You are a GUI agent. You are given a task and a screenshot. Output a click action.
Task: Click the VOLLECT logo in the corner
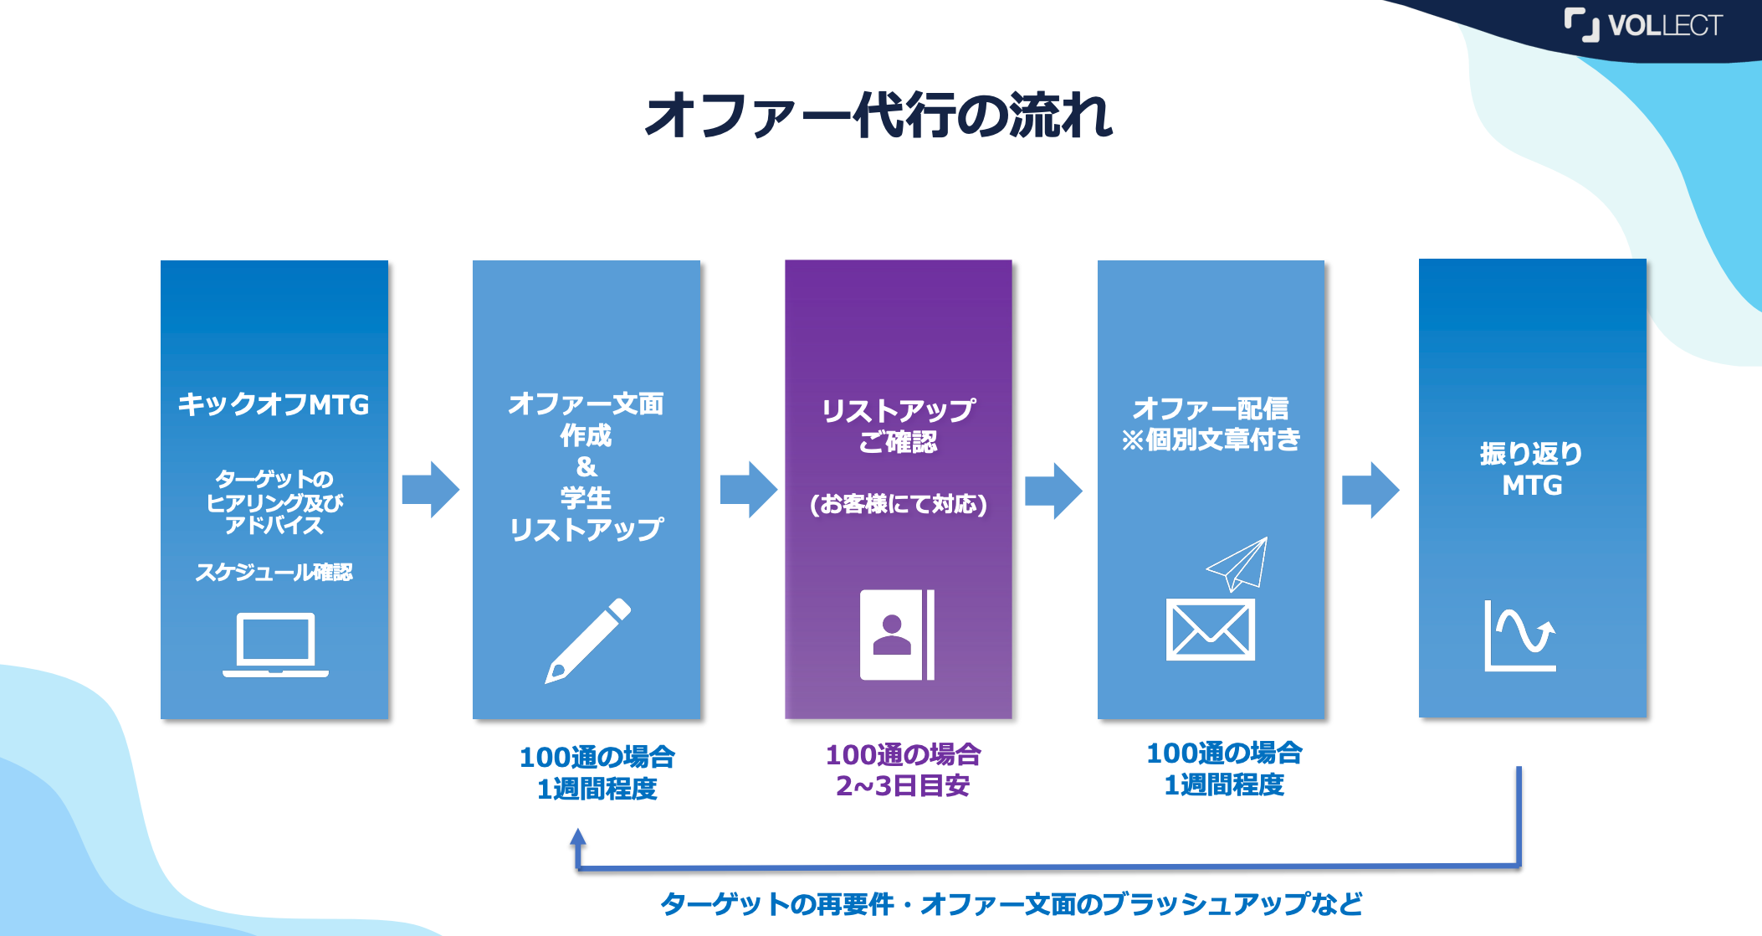[x=1643, y=25]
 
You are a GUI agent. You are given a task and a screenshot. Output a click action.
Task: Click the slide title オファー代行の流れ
[x=878, y=116]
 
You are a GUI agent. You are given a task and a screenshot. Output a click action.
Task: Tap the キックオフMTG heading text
[x=273, y=404]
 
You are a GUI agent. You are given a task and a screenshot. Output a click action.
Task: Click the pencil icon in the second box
[x=587, y=640]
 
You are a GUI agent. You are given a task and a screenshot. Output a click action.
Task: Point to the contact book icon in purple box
[x=897, y=635]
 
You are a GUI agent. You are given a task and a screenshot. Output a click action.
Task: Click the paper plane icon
[x=1238, y=563]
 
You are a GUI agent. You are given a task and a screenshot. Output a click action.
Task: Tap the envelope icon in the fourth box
[x=1210, y=630]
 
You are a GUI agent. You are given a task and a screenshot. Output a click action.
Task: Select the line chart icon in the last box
[x=1519, y=635]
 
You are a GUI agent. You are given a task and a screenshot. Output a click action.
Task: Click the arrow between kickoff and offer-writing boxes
[x=430, y=490]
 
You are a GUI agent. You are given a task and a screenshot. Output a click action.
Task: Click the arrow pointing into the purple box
[x=748, y=490]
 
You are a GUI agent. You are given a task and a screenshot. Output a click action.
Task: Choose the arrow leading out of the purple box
[x=1053, y=491]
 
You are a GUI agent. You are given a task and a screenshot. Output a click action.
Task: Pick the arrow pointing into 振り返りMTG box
[x=1370, y=491]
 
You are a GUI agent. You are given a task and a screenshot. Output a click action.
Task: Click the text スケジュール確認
[x=274, y=573]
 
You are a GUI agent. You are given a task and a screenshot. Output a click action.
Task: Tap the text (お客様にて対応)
[x=898, y=504]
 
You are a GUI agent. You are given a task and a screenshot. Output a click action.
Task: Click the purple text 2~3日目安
[x=902, y=786]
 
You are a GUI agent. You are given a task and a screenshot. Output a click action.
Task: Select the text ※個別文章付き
[x=1211, y=440]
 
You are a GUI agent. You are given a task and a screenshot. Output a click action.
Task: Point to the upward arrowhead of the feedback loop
[x=577, y=836]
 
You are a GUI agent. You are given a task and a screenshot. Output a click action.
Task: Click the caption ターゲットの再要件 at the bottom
[x=778, y=904]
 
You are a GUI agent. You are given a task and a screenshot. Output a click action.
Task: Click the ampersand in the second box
[x=586, y=466]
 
